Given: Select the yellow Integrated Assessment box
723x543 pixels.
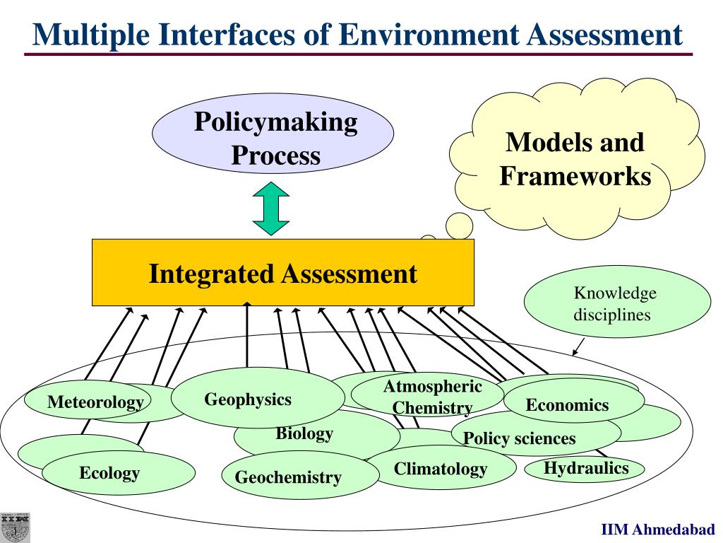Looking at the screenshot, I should tap(282, 273).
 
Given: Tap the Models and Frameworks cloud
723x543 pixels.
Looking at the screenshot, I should tap(575, 159).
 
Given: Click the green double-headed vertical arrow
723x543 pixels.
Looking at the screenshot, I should tap(272, 209).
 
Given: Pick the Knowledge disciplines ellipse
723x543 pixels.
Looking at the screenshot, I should tap(616, 302).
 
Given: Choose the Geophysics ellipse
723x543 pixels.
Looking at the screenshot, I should tap(248, 399).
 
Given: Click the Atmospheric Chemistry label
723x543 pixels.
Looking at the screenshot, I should tap(432, 397).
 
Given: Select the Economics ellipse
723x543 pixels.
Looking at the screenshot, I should tap(567, 405).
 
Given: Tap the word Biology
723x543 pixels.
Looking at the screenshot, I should tap(304, 433).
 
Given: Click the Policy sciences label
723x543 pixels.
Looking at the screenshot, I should tap(519, 438).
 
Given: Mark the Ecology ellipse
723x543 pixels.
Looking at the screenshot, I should tap(110, 473).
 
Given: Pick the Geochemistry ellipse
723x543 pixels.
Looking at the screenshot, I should tap(288, 477).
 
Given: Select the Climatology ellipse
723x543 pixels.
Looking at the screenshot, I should tap(441, 468).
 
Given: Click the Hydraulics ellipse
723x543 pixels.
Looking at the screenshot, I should tap(585, 467).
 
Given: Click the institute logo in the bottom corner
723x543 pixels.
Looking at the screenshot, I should tap(16, 527).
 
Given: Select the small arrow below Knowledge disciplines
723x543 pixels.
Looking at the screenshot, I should tap(578, 346).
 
